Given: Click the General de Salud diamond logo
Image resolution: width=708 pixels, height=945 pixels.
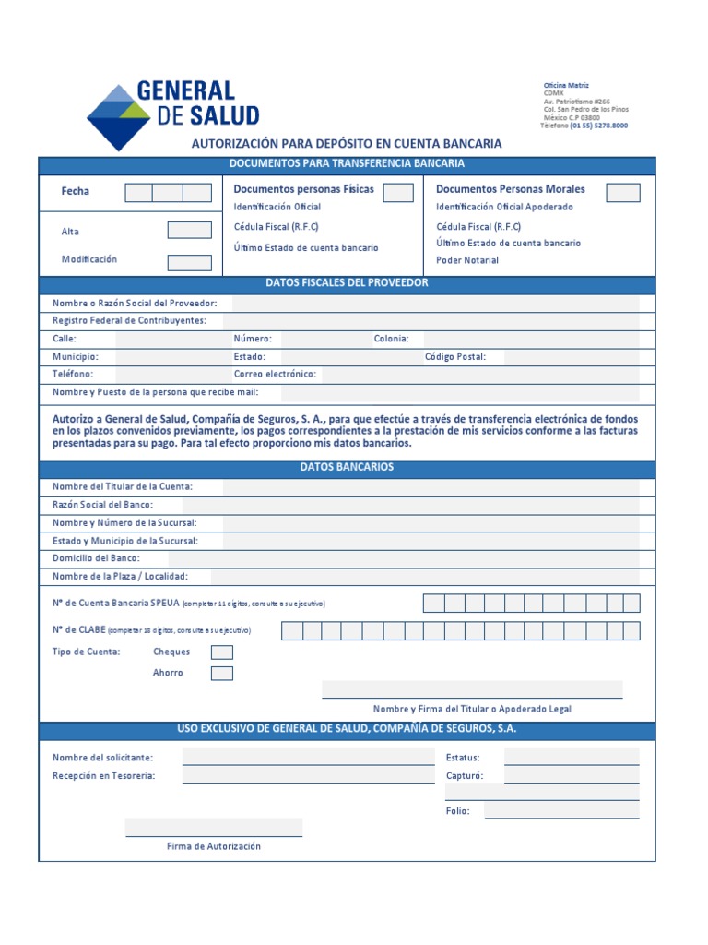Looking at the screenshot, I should point(117,117).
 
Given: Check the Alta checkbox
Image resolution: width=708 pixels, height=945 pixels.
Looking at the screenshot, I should point(189,231).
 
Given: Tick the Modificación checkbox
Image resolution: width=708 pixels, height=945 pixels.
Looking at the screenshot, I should point(189,262).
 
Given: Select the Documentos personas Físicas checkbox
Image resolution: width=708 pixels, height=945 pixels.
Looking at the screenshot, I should point(398,192).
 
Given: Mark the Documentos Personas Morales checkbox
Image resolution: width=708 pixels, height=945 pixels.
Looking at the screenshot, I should point(623,192).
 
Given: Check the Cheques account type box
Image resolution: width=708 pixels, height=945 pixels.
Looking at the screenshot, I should point(222,652).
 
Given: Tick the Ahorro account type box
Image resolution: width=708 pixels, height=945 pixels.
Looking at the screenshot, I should point(222,674).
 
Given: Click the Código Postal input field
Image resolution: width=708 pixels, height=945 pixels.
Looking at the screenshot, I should point(572,357).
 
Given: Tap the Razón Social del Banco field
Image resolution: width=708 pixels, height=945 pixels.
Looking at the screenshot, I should point(410,505).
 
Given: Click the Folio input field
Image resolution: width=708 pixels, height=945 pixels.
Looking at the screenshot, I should point(561,811).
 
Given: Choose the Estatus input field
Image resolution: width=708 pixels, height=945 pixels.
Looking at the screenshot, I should point(572,758).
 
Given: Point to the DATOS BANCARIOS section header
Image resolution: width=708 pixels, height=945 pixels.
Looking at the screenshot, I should point(347,468).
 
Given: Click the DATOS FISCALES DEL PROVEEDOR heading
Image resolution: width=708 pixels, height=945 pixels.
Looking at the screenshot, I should point(347,283).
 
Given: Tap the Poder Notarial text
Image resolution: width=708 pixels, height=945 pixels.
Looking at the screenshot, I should point(467,260).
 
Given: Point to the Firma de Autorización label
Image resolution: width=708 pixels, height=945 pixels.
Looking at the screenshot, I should point(214,846).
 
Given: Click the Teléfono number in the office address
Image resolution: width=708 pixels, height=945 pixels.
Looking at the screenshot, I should point(599,126).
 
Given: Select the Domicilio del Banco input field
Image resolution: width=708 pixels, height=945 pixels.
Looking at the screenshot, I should point(403,558).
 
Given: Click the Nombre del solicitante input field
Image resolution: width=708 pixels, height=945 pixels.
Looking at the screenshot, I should point(308,758).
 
